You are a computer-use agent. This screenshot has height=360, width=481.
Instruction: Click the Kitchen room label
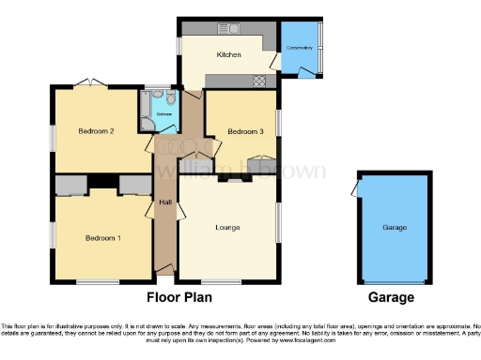coord(229,55)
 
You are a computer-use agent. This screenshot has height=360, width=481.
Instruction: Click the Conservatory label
coord(300,48)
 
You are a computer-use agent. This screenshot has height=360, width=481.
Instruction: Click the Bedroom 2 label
coord(98,131)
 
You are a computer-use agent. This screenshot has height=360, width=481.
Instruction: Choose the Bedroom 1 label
coord(103,237)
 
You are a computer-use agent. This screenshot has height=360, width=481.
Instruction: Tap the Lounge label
coord(227,228)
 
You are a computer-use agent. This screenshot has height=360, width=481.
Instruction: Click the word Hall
coord(164,203)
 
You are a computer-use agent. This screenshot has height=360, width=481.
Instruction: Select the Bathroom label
coord(163,113)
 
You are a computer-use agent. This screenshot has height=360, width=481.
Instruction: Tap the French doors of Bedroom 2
coord(89,83)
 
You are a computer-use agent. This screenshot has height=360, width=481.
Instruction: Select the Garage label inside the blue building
coord(394,228)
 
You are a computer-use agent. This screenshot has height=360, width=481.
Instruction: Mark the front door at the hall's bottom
coord(165,271)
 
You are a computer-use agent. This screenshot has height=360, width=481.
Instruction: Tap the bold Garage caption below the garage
coord(391,297)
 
